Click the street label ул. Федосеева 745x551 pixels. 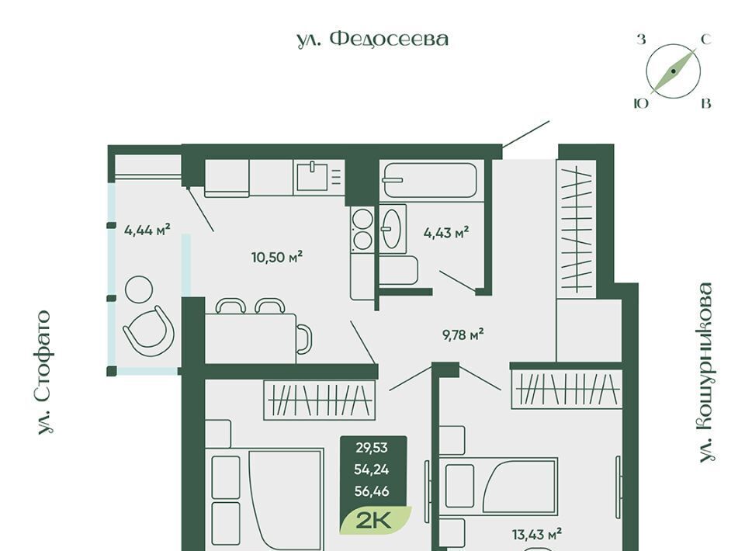tap(372, 40)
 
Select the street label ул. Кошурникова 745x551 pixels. tap(706, 373)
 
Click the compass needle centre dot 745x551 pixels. tap(674, 71)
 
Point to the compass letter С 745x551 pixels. tap(706, 40)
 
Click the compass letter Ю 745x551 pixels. tap(642, 103)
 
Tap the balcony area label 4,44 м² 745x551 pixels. tap(147, 230)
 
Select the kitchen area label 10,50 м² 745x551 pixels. tap(277, 258)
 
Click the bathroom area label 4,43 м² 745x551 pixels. tap(446, 234)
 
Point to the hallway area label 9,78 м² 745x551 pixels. tap(463, 335)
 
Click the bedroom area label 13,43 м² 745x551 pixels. tap(537, 535)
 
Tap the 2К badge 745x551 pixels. tap(374, 521)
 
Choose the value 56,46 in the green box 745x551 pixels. tap(372, 491)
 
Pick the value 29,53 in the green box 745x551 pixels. tap(372, 448)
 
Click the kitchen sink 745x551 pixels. tap(313, 175)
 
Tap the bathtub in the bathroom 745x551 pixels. tap(430, 180)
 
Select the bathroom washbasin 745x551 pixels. tap(393, 229)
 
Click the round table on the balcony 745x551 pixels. tap(139, 289)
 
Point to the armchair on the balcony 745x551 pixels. tap(149, 330)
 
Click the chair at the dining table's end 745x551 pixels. tap(304, 338)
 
